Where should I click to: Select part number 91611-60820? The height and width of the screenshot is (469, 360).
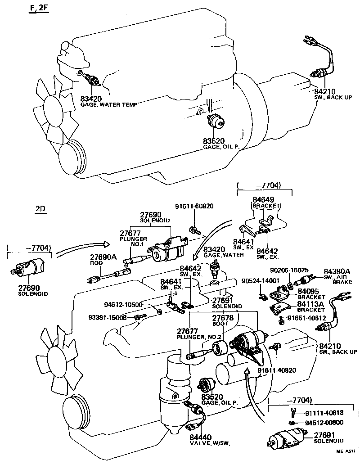pos(194,207)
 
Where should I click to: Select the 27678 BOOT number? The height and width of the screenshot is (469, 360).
pos(222,318)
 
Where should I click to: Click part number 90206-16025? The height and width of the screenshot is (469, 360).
pos(288,270)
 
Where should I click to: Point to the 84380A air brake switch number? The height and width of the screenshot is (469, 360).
pos(336,272)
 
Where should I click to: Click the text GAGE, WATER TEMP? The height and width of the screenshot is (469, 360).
pos(108,104)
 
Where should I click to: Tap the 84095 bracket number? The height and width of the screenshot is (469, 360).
pos(309,291)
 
